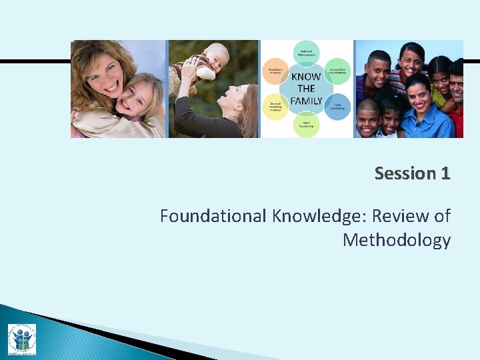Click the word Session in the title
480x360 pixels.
(x=404, y=174)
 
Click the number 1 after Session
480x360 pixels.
(x=445, y=174)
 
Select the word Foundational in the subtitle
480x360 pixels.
(x=213, y=216)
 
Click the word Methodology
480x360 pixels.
(x=397, y=240)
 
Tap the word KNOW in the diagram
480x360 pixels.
(x=306, y=77)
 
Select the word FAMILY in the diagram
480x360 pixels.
(x=306, y=101)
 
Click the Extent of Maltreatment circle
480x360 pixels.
(x=306, y=51)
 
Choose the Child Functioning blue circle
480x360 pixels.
(x=338, y=107)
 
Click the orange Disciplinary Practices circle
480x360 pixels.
(x=275, y=70)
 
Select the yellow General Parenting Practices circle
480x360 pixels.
(x=275, y=107)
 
